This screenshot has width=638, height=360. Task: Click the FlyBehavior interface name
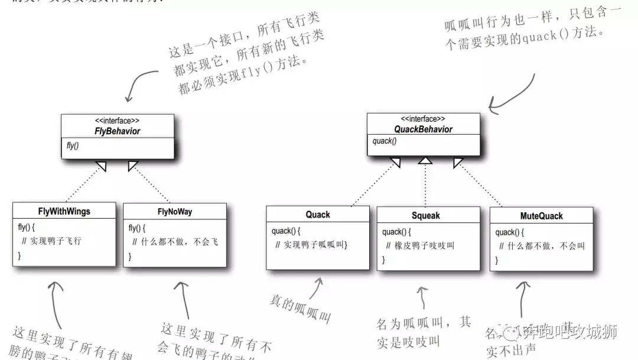point(118,131)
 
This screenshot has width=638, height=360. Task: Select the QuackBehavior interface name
point(423,129)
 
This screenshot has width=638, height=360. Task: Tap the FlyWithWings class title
point(64,212)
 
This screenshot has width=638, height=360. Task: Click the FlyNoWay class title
point(175,212)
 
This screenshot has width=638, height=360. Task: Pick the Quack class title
point(318,214)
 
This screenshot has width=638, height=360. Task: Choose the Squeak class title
point(426,215)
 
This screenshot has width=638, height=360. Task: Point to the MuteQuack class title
point(541,216)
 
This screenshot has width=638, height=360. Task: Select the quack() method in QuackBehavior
point(384,141)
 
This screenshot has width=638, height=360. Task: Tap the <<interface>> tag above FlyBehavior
point(118,121)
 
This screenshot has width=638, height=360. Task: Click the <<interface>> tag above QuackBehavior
point(423,119)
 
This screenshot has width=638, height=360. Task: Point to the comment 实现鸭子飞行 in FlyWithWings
point(56,241)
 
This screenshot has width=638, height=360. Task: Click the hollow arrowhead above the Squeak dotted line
point(425,160)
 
